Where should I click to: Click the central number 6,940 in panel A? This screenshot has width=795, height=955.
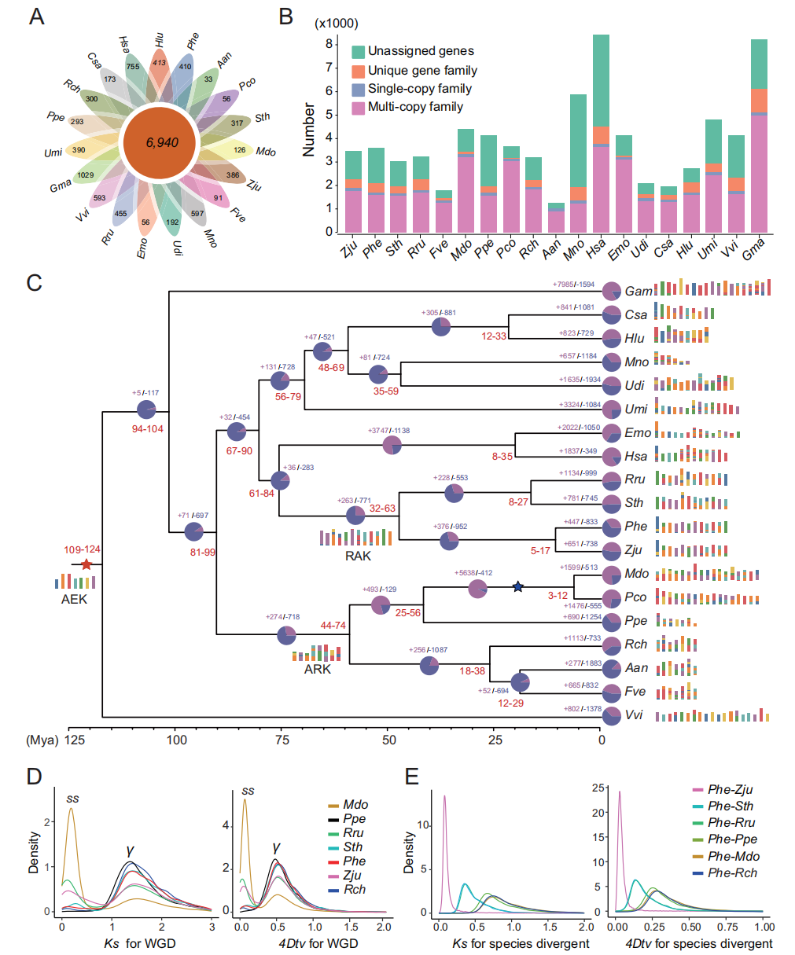161,143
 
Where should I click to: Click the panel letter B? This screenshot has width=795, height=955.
286,16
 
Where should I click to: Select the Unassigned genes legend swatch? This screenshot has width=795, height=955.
358,52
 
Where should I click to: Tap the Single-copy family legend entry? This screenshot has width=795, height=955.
419,89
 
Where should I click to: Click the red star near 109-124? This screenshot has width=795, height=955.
86,564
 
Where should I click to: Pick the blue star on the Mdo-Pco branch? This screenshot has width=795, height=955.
517,586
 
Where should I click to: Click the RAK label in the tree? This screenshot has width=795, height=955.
358,556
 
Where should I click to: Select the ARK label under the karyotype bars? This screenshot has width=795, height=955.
318,670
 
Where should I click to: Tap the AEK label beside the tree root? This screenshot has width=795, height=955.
75,600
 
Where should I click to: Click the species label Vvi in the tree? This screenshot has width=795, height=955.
635,715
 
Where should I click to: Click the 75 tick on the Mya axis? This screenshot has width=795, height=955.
282,740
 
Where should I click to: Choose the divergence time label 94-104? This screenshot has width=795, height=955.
147,429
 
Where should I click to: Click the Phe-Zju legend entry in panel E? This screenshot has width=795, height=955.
730,790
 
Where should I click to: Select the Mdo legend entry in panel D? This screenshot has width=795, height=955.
355,805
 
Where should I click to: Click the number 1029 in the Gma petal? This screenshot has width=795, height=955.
85,175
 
